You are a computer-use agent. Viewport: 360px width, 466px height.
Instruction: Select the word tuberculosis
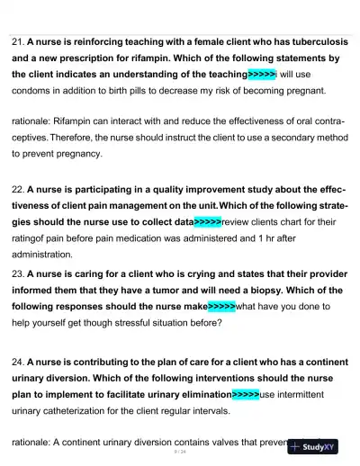pos(310,41)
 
